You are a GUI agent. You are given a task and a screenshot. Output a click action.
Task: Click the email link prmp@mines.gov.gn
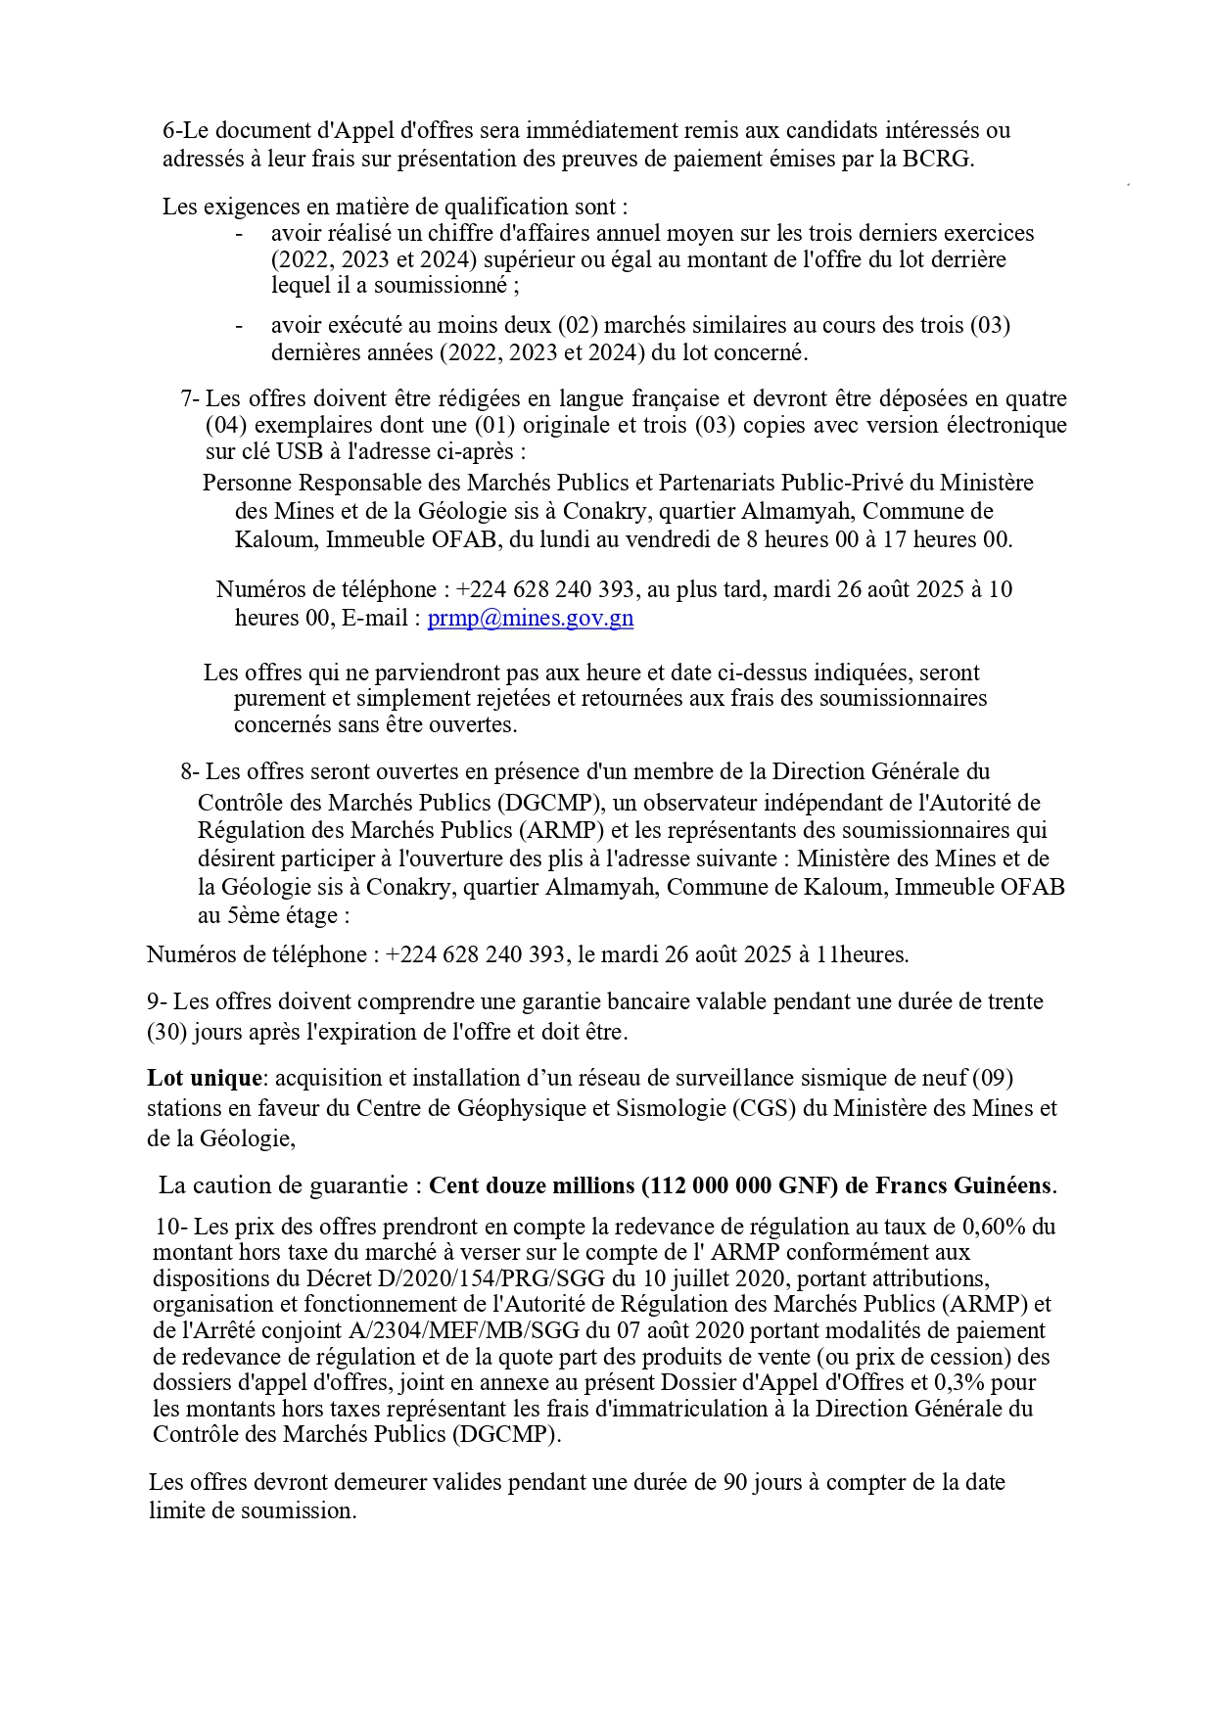(530, 618)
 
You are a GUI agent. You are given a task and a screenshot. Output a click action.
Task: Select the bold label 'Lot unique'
(205, 1078)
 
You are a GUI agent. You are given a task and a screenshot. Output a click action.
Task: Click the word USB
(299, 451)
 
